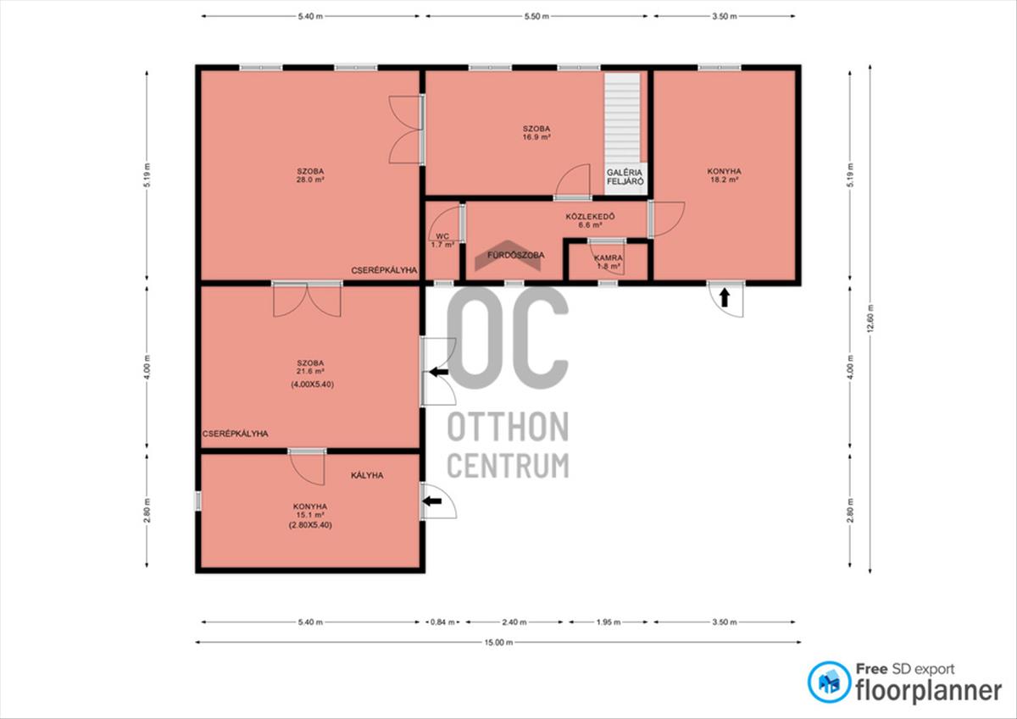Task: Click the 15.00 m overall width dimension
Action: [x=498, y=642]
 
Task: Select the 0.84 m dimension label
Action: [x=442, y=622]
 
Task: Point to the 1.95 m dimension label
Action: [x=609, y=622]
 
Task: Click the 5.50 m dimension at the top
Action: [x=536, y=16]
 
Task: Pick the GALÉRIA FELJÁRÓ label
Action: [x=625, y=177]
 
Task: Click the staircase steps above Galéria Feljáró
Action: [x=622, y=118]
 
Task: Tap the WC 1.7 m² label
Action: [x=442, y=241]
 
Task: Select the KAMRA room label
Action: [x=609, y=257]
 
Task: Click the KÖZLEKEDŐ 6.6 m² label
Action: [x=590, y=220]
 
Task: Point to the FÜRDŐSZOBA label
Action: [x=516, y=255]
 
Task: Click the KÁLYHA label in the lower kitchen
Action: [x=367, y=475]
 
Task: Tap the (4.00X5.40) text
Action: [x=313, y=384]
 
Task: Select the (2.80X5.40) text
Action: [x=310, y=525]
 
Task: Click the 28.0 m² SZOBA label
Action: [x=310, y=175]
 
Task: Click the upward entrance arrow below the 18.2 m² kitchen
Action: [x=725, y=297]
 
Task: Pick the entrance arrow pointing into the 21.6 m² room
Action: [x=439, y=373]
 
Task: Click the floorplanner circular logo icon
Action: [x=829, y=683]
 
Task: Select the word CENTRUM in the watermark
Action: [x=508, y=465]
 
